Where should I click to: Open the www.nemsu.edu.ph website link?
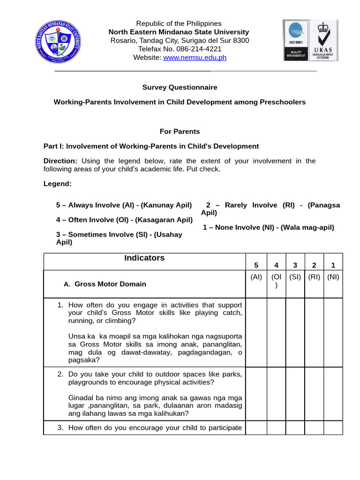pos(188,57)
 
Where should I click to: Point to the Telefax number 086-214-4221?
pos(180,49)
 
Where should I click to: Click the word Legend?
pos(58,184)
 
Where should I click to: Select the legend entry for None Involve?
pos(268,227)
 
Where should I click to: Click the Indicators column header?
pos(144,258)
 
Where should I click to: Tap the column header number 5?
pos(256,265)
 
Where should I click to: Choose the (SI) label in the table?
pos(295,277)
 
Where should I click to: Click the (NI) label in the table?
pos(333,277)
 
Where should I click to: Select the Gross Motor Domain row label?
pos(110,284)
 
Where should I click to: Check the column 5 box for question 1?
pos(256,332)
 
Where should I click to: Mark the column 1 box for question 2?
pos(333,394)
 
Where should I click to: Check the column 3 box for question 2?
pos(295,394)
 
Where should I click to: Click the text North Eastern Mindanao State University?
pos(179,32)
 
